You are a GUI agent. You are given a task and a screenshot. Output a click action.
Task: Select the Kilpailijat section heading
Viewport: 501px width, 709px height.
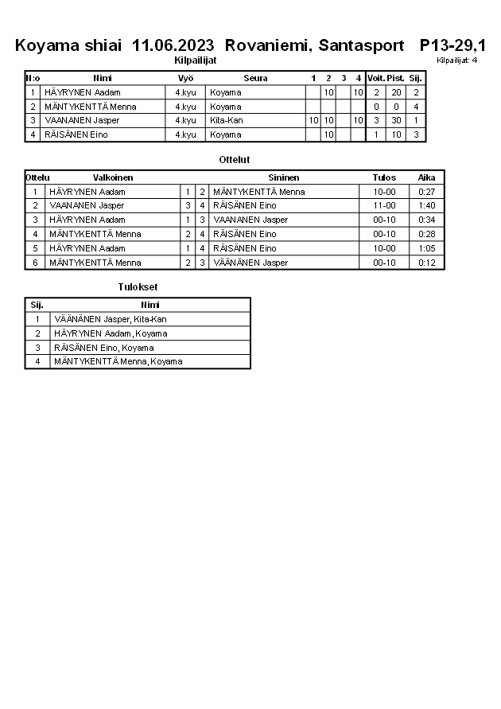point(195,60)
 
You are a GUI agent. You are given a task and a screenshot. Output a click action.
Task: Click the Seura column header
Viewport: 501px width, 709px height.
point(255,78)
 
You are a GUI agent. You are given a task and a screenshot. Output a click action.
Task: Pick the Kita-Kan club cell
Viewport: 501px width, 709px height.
point(227,121)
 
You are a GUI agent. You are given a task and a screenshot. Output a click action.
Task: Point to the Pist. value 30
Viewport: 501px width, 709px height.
point(396,121)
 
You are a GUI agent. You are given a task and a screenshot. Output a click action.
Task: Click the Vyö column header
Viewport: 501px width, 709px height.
point(185,78)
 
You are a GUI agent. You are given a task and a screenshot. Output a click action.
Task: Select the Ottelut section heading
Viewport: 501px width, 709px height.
point(234,160)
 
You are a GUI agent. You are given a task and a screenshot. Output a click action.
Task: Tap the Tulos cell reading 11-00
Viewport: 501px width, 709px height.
point(384,206)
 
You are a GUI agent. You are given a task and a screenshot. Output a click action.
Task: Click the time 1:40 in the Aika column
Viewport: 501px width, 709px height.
point(426,206)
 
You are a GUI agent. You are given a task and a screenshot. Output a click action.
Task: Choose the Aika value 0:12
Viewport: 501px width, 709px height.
point(426,263)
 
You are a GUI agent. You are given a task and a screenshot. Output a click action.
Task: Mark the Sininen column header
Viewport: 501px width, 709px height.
point(283,177)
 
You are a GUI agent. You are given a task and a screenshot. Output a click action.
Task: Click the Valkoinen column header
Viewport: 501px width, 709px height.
point(113,177)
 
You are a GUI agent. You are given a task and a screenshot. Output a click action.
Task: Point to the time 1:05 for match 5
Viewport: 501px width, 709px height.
point(426,248)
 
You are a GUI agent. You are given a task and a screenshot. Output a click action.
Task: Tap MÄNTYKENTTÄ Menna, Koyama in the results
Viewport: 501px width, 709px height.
point(118,362)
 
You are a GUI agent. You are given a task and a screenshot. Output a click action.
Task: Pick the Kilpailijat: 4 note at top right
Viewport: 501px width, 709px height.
point(456,60)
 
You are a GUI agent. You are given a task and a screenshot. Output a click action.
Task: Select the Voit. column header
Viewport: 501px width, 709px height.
point(375,78)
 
